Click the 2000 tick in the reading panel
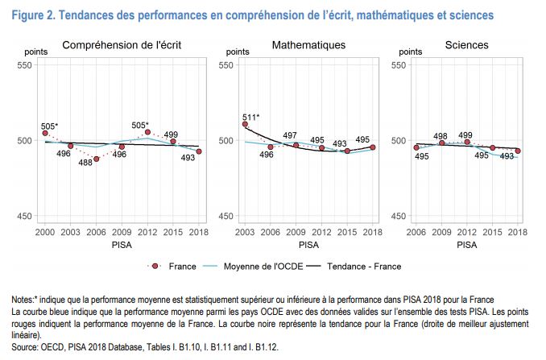45,232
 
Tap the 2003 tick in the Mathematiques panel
245,232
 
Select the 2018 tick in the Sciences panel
518,232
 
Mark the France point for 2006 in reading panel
96,159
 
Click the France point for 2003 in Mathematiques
245,124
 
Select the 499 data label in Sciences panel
465,134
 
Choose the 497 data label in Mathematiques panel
291,135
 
